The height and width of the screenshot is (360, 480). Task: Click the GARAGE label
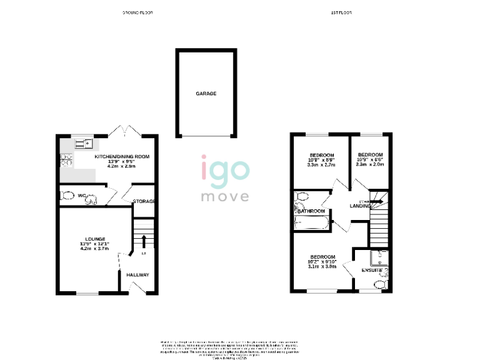pos(206,93)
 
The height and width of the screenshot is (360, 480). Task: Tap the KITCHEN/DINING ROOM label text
pos(122,156)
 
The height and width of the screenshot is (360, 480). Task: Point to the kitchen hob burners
pos(65,161)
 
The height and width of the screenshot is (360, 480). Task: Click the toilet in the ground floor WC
pos(66,196)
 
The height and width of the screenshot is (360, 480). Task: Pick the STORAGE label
pos(143,201)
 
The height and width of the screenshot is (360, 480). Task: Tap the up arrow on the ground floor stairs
pos(144,241)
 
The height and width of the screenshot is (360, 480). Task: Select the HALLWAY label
pos(137,275)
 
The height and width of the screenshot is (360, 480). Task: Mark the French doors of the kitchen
pos(120,132)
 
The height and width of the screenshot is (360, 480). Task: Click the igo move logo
pos(224,178)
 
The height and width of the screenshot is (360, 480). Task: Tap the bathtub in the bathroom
pos(311,221)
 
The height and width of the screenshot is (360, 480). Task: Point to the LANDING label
pos(361,206)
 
